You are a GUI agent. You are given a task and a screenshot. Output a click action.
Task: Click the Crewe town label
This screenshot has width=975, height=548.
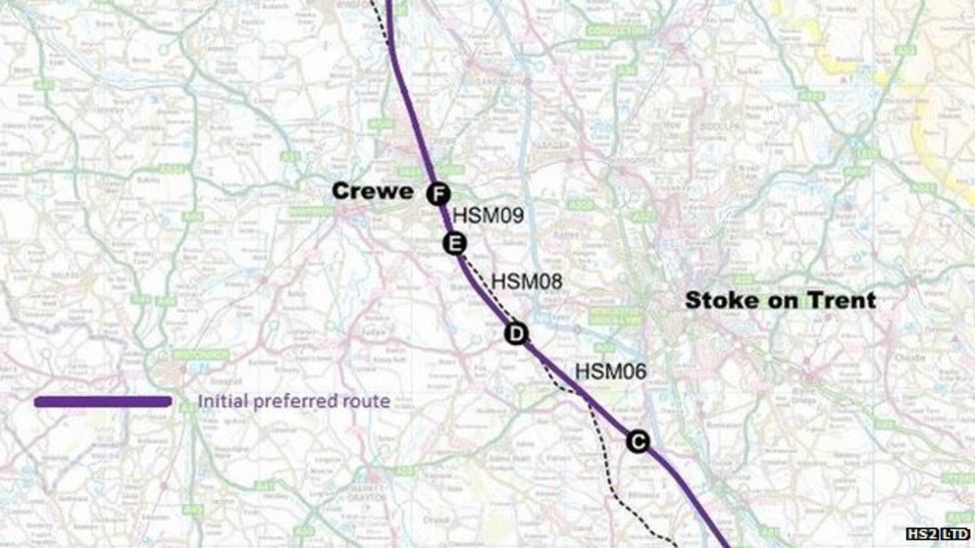[x=373, y=191]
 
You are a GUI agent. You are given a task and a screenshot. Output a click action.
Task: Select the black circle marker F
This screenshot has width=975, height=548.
[x=438, y=194]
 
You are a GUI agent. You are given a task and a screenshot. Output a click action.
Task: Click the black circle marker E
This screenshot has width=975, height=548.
[x=454, y=243]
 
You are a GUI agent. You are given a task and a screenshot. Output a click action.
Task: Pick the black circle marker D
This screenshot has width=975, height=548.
[x=515, y=334]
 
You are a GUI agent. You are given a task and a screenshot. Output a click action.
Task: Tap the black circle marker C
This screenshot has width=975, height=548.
[x=638, y=441]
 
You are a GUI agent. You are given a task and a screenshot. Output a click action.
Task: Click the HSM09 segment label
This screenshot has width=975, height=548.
[x=488, y=215]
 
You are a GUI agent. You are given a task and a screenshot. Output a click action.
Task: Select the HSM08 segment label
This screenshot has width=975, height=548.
[x=526, y=282]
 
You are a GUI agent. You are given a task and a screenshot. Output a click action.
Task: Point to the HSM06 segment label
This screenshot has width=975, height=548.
[x=610, y=371]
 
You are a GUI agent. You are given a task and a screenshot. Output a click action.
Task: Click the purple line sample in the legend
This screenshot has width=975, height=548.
[x=103, y=401]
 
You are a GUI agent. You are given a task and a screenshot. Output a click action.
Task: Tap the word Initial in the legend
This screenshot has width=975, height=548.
[x=222, y=402]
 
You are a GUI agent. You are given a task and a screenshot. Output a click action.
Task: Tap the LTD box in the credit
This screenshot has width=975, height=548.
[x=957, y=535]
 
